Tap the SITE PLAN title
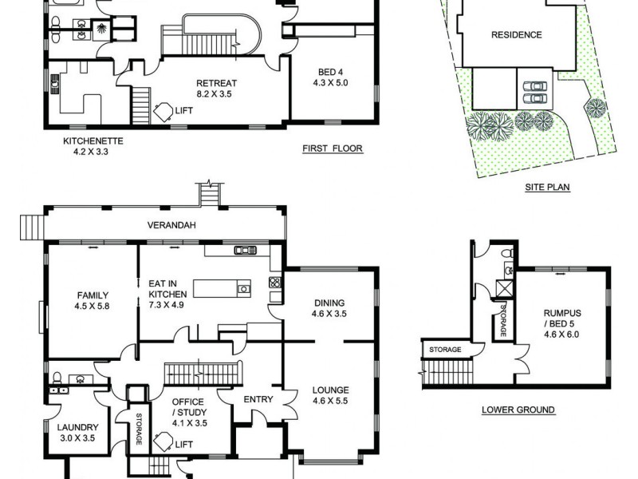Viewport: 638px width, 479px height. [546, 188]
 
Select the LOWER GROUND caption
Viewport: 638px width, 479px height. [518, 410]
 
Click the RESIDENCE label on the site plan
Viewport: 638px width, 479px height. [516, 35]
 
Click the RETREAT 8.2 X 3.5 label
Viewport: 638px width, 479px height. [217, 87]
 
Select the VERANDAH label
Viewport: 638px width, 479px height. [171, 226]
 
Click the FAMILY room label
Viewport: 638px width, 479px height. [93, 299]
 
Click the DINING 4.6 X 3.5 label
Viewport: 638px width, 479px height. [329, 308]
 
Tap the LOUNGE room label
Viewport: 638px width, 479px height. [329, 396]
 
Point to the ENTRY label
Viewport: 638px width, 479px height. [259, 399]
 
